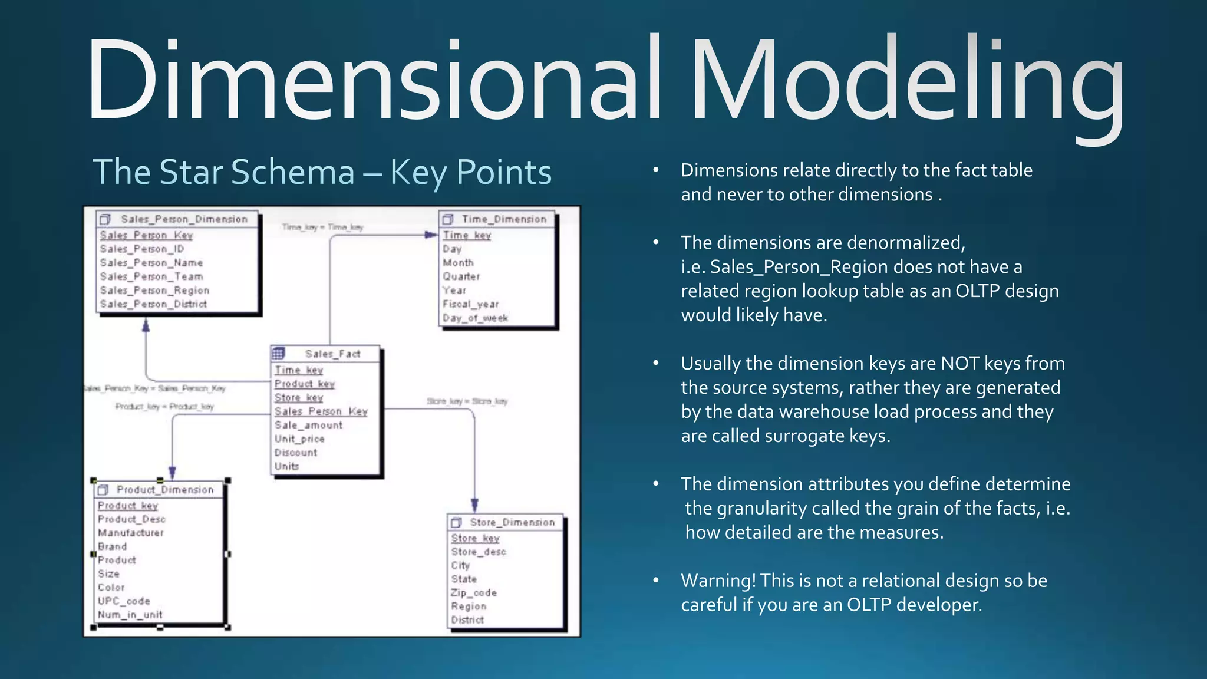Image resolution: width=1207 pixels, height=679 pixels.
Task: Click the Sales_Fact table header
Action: (x=332, y=354)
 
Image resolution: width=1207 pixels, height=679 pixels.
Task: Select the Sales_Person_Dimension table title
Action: (x=184, y=219)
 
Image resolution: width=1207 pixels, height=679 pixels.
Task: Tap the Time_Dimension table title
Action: (x=504, y=219)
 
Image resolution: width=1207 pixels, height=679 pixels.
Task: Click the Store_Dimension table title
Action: (x=512, y=522)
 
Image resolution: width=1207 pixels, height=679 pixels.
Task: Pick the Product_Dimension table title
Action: (x=165, y=490)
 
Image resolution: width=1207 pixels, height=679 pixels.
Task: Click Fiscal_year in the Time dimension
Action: (x=470, y=304)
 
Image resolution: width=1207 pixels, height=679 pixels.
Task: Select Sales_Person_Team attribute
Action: (x=151, y=276)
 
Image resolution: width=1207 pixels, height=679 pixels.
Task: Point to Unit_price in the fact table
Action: (x=299, y=439)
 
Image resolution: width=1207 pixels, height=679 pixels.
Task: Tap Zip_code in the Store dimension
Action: (x=474, y=593)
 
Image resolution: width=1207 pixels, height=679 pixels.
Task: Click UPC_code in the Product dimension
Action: (x=124, y=601)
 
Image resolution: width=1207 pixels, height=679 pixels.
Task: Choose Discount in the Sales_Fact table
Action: (x=296, y=453)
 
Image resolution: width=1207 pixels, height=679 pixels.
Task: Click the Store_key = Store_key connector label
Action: (x=467, y=401)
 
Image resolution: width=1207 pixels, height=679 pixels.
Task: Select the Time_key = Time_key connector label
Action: (x=322, y=227)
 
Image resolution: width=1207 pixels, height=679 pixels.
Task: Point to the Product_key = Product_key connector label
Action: (x=164, y=407)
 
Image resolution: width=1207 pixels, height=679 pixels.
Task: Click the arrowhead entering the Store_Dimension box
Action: (x=474, y=505)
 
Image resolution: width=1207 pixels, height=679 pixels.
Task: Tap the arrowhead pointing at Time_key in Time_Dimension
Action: (x=431, y=235)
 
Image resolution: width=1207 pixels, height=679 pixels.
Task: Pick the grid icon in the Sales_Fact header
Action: (x=279, y=354)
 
